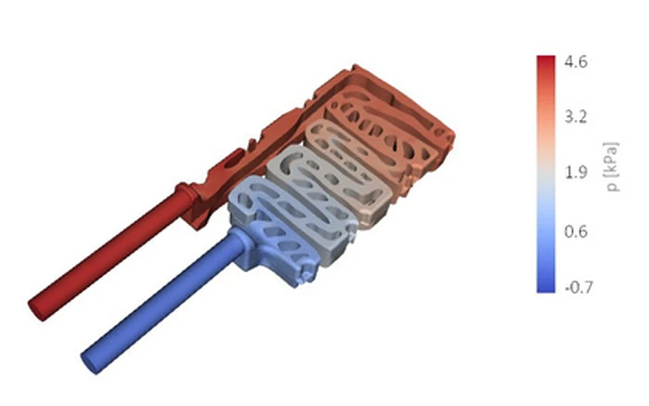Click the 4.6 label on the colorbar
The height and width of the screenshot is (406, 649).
click(x=576, y=62)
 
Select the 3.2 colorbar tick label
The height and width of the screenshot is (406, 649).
click(x=576, y=117)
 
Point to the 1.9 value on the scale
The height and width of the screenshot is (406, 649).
click(x=576, y=172)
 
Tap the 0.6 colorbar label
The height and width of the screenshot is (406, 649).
click(x=576, y=231)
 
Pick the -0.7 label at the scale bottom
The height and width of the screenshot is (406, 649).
click(x=578, y=287)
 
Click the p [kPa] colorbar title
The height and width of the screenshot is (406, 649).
click(x=612, y=166)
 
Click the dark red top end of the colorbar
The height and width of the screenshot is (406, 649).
click(x=546, y=60)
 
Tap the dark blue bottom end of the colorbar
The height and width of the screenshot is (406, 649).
click(x=546, y=288)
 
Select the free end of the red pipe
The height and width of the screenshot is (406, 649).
click(x=36, y=306)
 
